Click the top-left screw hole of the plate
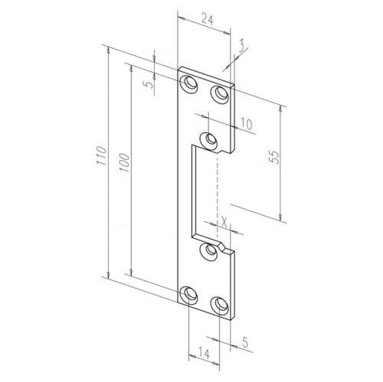point(189,82)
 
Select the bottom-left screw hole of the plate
point(188,294)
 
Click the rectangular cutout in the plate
point(205,191)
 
